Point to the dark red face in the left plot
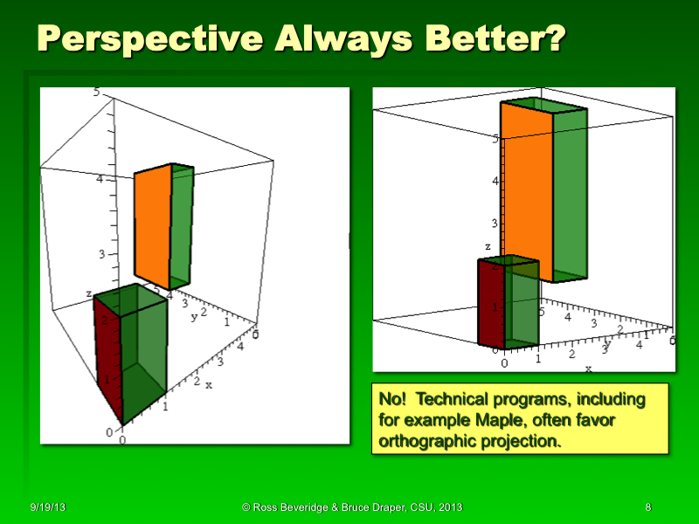pyautogui.click(x=107, y=358)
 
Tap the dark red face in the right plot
pyautogui.click(x=491, y=302)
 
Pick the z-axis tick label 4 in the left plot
pyautogui.click(x=100, y=180)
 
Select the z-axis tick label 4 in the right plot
pyautogui.click(x=494, y=183)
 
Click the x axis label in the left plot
pyautogui.click(x=209, y=384)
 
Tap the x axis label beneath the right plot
pyautogui.click(x=587, y=369)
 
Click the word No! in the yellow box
pyautogui.click(x=393, y=399)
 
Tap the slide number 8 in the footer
pyautogui.click(x=648, y=507)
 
